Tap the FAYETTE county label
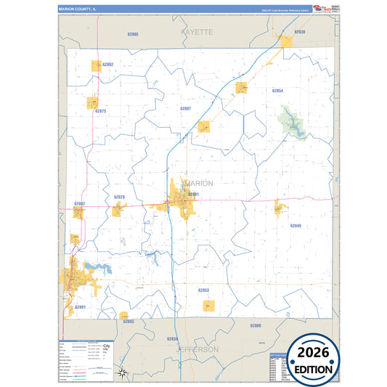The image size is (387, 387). [197, 33]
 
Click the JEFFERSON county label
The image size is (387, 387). [198, 349]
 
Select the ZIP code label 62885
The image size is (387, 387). [132, 34]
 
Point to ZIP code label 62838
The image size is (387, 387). [299, 32]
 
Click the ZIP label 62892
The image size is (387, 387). [108, 65]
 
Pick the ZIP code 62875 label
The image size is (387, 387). [101, 111]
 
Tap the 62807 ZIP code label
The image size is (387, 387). [185, 107]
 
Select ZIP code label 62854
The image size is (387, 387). [277, 91]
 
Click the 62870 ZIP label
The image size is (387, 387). [119, 197]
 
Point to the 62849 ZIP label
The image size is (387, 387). [295, 226]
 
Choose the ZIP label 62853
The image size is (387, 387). [203, 290]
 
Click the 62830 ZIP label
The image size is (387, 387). [171, 338]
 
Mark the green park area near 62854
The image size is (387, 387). [290, 118]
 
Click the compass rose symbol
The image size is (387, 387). [124, 374]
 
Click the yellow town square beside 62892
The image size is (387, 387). [96, 65]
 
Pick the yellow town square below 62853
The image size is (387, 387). [209, 306]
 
